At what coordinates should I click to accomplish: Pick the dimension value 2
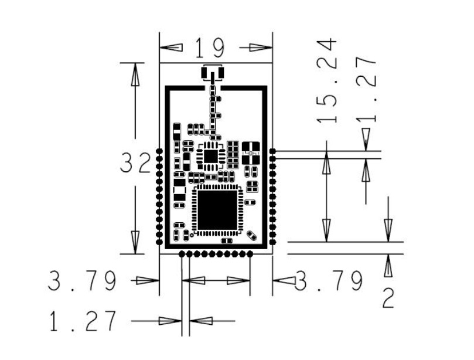(x=388, y=299)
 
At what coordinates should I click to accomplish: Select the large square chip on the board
(x=217, y=209)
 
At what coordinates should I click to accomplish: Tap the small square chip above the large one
(x=210, y=155)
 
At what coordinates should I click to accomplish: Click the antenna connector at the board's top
(x=213, y=73)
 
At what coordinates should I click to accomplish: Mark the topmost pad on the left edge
(x=159, y=151)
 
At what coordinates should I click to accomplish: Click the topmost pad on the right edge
(x=272, y=151)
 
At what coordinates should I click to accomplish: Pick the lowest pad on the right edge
(x=272, y=242)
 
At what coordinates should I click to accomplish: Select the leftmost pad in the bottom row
(x=182, y=254)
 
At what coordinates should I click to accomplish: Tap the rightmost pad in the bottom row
(x=250, y=254)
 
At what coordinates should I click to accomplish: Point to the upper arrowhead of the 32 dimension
(x=135, y=73)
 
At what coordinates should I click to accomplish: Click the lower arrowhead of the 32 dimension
(x=135, y=243)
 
